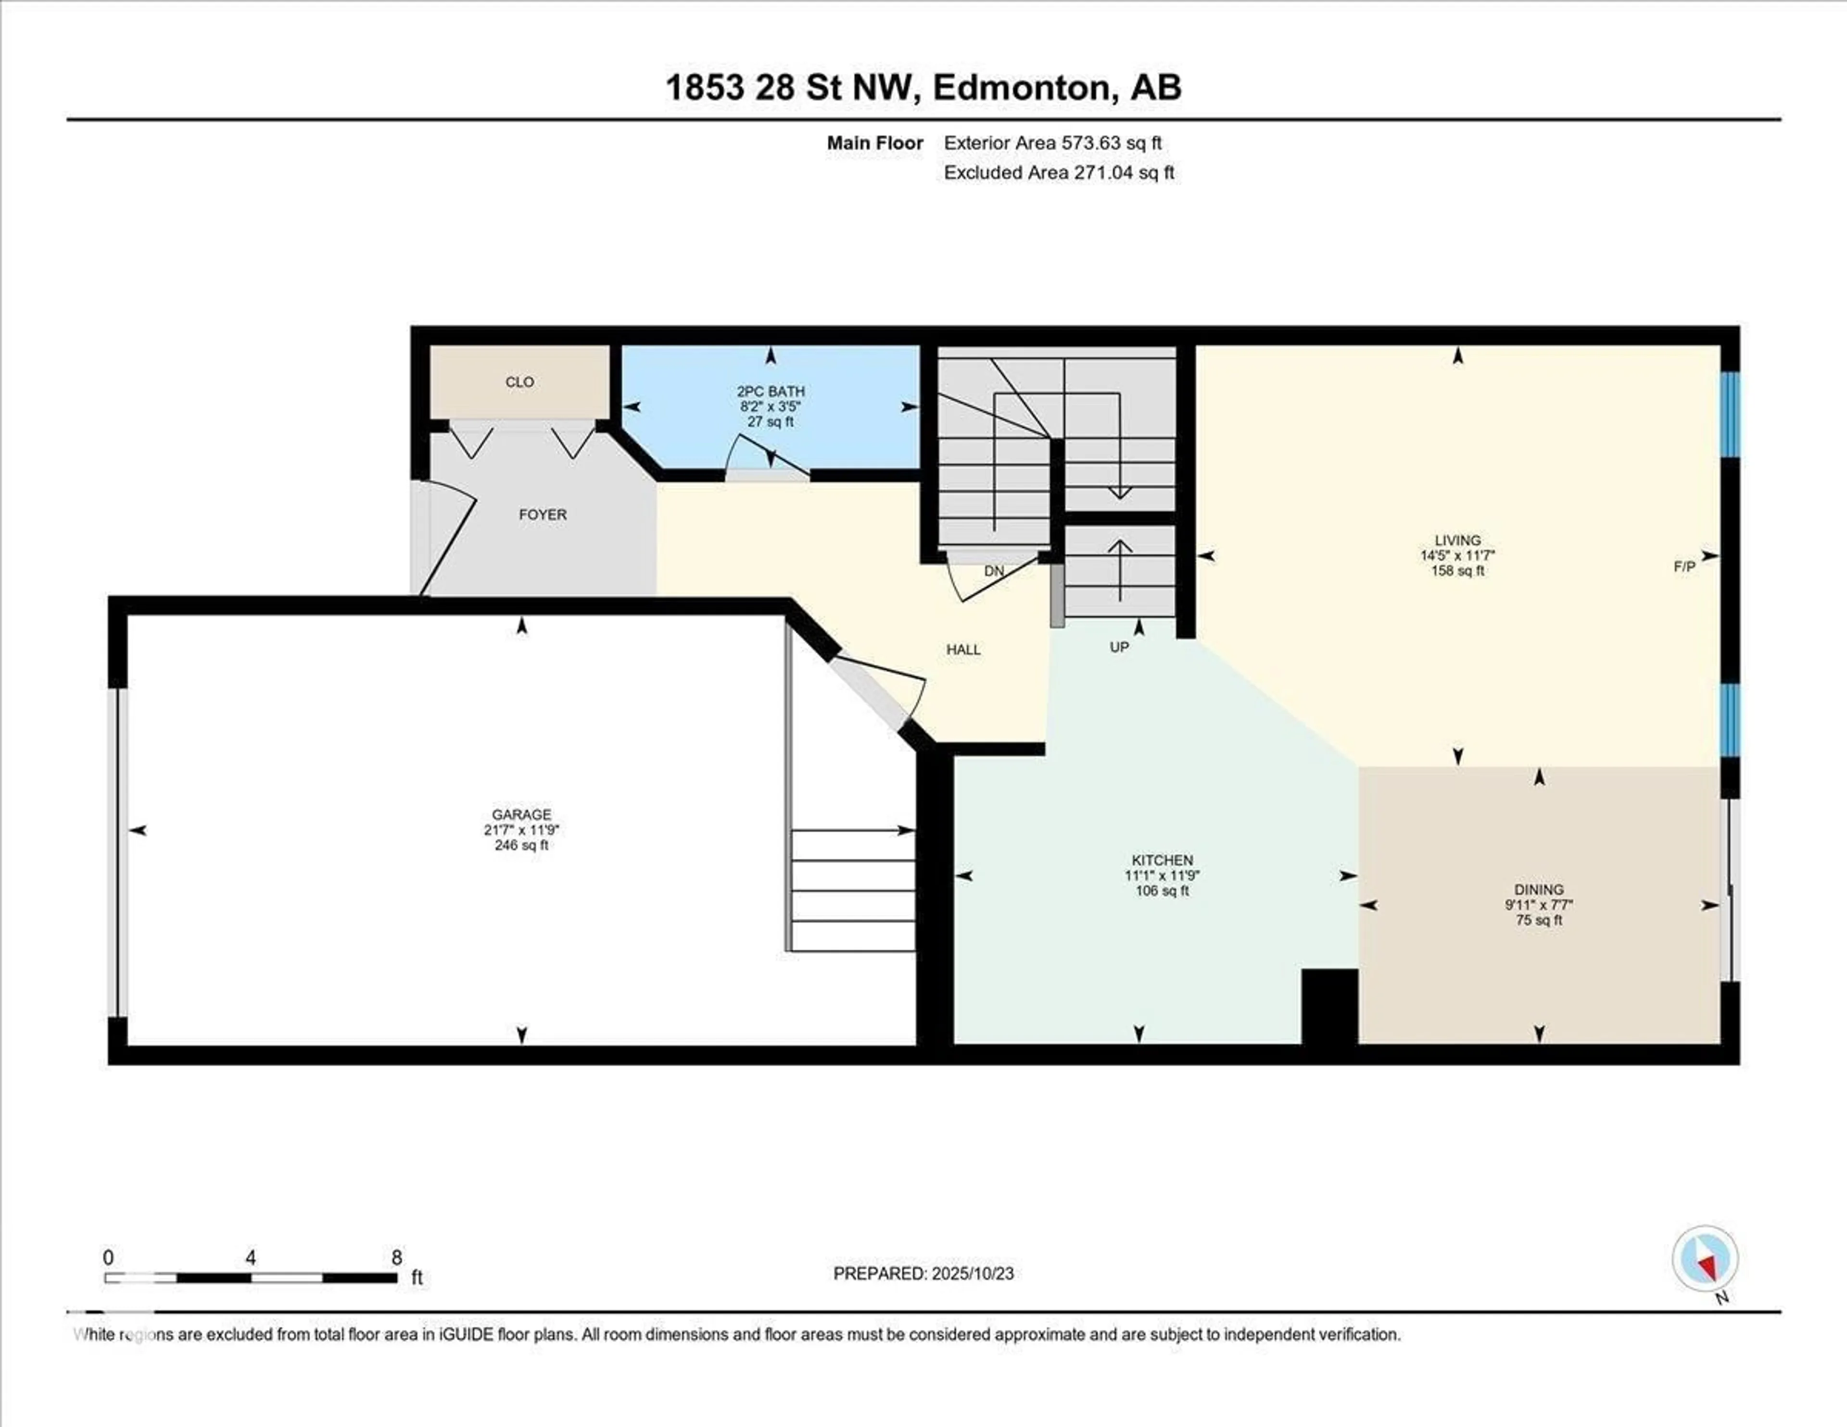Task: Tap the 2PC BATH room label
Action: [x=771, y=392]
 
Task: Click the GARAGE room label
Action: [x=522, y=815]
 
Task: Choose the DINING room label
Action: [x=1539, y=890]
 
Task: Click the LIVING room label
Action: [x=1457, y=540]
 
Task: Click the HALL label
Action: [x=963, y=650]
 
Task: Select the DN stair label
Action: [x=994, y=571]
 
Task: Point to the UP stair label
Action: [x=1119, y=647]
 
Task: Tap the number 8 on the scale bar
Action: [x=397, y=1257]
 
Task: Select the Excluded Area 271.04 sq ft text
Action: [x=1059, y=173]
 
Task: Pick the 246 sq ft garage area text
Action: [x=522, y=845]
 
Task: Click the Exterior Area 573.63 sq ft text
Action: [x=1053, y=143]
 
